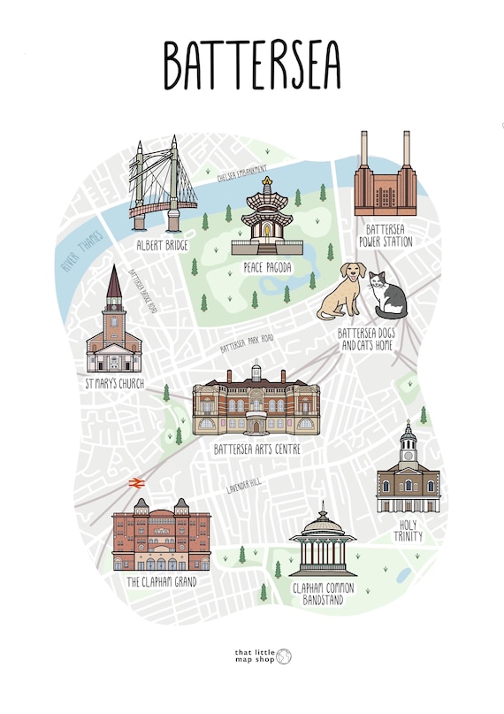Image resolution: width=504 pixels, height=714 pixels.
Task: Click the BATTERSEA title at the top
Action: pos(252,64)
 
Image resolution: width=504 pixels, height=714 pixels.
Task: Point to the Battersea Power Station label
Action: pos(385,234)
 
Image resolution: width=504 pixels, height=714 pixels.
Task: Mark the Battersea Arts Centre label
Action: pos(257,449)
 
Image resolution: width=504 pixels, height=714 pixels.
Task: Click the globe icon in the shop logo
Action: pos(283,656)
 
